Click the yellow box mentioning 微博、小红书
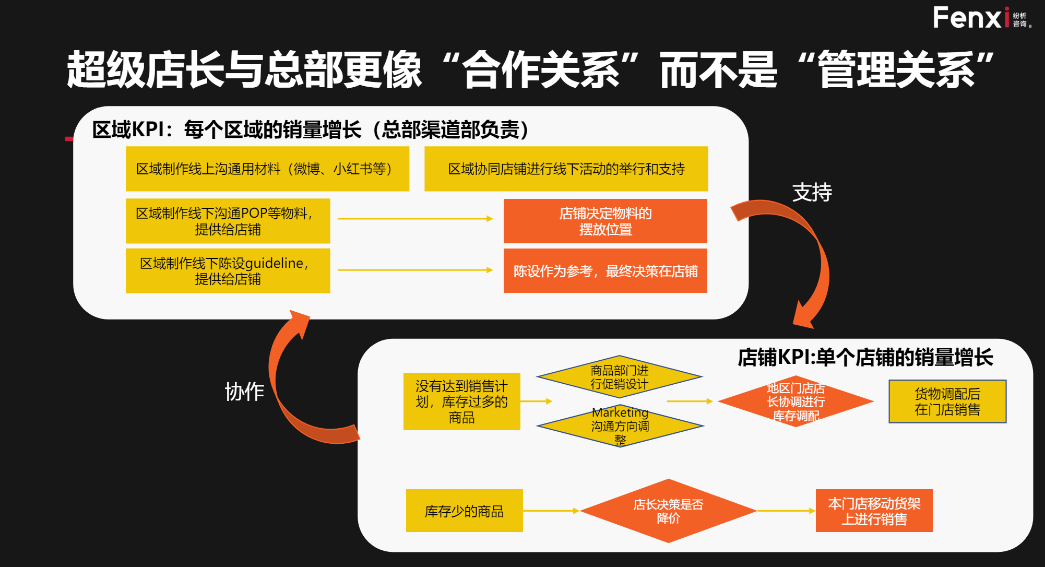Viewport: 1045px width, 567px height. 267,169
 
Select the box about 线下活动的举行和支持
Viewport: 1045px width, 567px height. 566,169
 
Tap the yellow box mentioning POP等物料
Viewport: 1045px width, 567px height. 228,221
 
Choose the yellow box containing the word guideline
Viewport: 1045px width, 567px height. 228,270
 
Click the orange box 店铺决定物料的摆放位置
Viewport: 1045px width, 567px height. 605,221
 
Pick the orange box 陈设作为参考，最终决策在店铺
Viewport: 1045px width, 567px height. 605,270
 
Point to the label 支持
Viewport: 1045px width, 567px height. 812,193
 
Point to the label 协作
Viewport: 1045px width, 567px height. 244,392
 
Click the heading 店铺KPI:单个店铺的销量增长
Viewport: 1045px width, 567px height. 865,358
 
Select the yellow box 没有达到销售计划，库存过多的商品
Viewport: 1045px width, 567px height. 461,401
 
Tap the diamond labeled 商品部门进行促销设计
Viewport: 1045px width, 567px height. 620,376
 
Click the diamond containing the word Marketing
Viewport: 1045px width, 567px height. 620,426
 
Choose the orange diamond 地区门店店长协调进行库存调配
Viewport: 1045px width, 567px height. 795,401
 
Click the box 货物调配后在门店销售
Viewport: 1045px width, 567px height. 947,401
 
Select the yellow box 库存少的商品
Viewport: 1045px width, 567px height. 464,511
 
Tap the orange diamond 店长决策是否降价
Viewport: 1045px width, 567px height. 668,511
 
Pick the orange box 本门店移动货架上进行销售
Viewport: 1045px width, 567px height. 874,511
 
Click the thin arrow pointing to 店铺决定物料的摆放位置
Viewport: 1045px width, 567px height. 415,218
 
